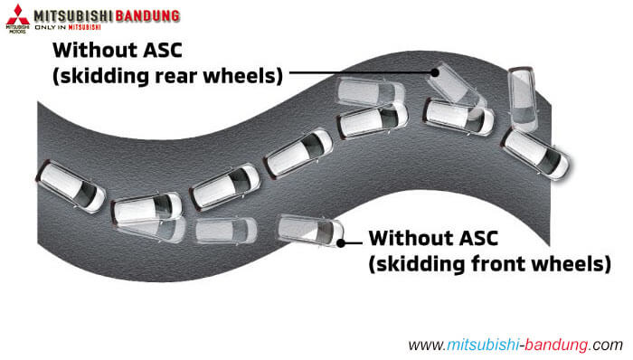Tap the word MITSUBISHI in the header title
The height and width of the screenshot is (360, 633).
click(72, 15)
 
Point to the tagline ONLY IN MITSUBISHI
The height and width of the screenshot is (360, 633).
click(82, 29)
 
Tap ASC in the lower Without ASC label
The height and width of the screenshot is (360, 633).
click(484, 240)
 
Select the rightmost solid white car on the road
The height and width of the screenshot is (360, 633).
click(535, 153)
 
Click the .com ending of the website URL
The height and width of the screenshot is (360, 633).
click(608, 345)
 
